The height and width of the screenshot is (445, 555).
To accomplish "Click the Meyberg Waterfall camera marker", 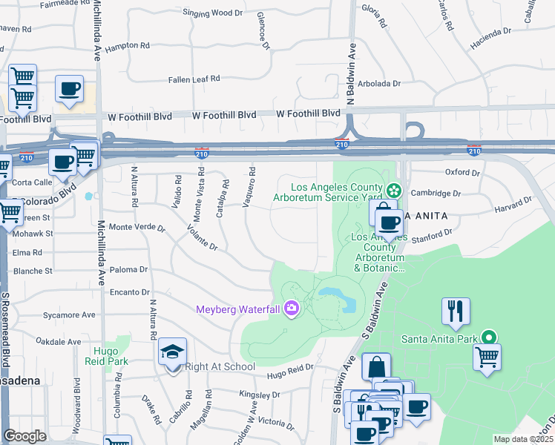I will (x=291, y=309).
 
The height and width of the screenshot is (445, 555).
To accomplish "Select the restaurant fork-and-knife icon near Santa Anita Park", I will (x=456, y=311).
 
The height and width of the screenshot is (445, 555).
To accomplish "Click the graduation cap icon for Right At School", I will (x=173, y=351).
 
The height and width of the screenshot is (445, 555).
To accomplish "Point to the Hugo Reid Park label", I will (x=111, y=356).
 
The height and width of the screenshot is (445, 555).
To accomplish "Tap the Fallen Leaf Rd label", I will (x=194, y=78).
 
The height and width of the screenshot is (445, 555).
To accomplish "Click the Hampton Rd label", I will (x=128, y=45).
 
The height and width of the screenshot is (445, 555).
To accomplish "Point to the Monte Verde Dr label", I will (x=137, y=226).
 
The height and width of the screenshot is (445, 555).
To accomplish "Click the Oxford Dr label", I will (x=462, y=172).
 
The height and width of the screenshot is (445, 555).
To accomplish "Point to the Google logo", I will (x=24, y=436).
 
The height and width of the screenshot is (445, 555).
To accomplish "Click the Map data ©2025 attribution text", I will (x=523, y=439).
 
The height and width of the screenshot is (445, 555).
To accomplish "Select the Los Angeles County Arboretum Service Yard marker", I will (x=394, y=191).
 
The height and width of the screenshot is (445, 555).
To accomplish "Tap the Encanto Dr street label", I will (x=130, y=292).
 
